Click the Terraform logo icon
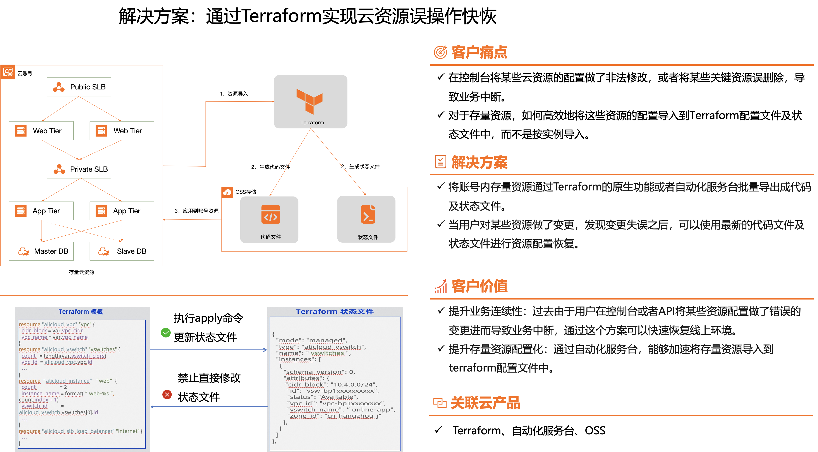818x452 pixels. pyautogui.click(x=310, y=101)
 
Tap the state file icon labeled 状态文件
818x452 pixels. pyautogui.click(x=368, y=214)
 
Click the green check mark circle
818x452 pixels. pyautogui.click(x=166, y=333)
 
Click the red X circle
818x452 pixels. pyautogui.click(x=167, y=395)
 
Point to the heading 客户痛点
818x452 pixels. pyautogui.click(x=479, y=52)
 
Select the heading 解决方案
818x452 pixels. pyautogui.click(x=479, y=162)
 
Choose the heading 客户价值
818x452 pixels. pyautogui.click(x=479, y=286)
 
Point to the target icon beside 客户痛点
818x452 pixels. pyautogui.click(x=440, y=52)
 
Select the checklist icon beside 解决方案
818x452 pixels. pyautogui.click(x=440, y=162)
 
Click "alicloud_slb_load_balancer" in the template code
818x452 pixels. pyautogui.click(x=78, y=431)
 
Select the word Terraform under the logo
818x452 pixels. pyautogui.click(x=312, y=123)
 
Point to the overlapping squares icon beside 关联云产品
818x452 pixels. pyautogui.click(x=440, y=403)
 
